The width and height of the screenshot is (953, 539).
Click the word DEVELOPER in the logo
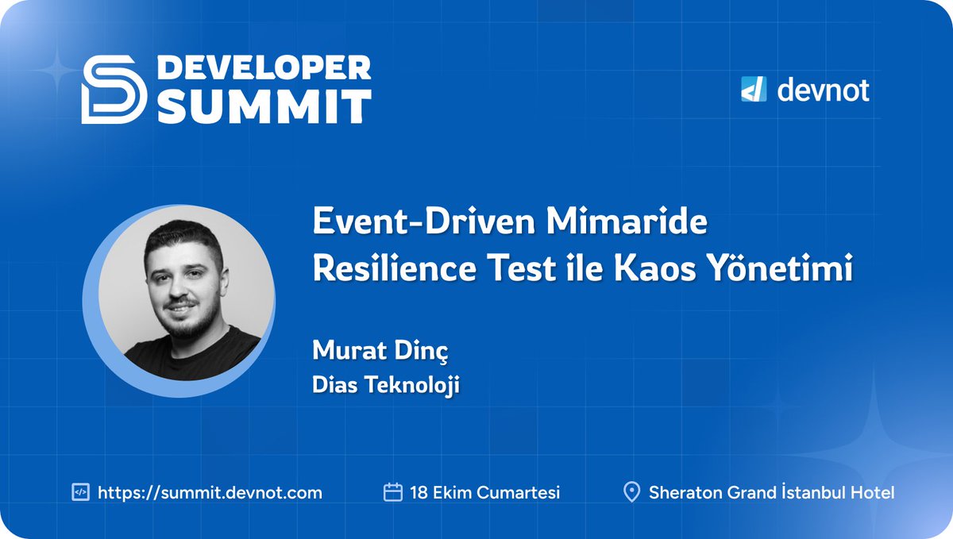(x=264, y=68)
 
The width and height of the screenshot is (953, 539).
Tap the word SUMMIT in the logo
(x=264, y=106)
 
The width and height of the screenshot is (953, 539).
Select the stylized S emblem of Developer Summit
(x=114, y=90)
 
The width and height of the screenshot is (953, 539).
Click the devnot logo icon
(x=753, y=90)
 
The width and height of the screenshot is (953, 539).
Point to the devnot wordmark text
(x=823, y=90)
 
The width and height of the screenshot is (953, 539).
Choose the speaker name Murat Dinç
(x=365, y=350)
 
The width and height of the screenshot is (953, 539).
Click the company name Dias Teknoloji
(x=387, y=386)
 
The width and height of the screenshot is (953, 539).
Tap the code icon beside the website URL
(x=79, y=492)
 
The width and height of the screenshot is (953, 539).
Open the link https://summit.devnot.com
(x=210, y=492)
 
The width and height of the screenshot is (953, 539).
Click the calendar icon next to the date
(x=392, y=492)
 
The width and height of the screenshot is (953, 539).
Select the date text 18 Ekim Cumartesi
(x=484, y=492)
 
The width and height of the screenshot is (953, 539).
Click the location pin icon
(x=632, y=492)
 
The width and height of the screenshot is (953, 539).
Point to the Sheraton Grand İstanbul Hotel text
(x=771, y=492)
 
